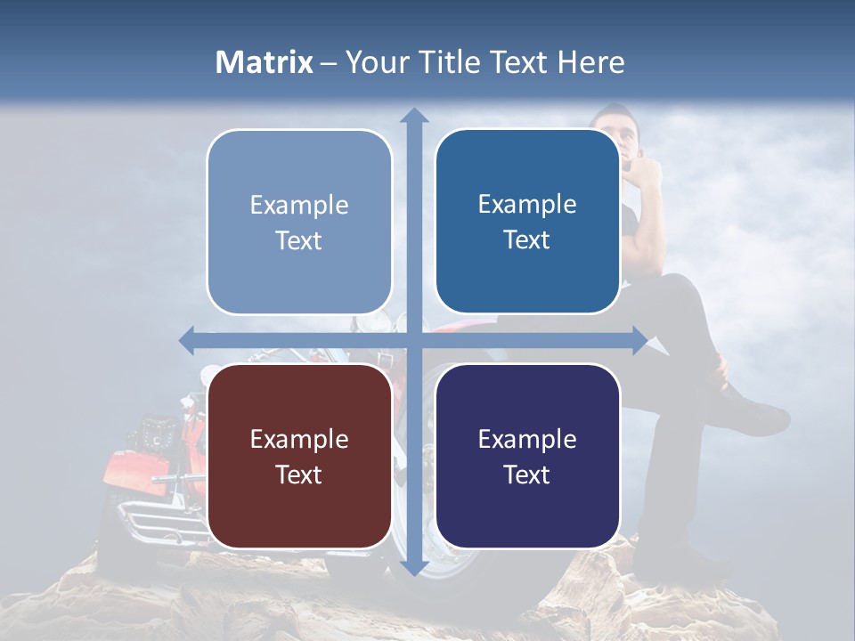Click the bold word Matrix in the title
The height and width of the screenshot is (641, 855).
tap(265, 62)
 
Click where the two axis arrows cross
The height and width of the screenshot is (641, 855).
tap(413, 340)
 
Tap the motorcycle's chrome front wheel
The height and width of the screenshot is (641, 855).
tap(454, 561)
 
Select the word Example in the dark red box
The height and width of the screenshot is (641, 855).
tap(299, 439)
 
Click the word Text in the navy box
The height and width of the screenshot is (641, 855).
tap(527, 475)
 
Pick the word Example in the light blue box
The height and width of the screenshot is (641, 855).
tap(299, 205)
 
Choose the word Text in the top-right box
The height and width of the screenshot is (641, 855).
tap(527, 239)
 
